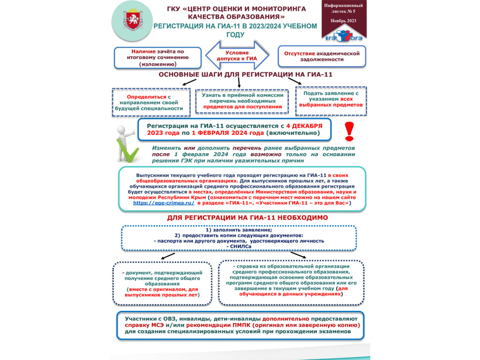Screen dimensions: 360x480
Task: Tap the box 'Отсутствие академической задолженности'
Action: coord(322,56)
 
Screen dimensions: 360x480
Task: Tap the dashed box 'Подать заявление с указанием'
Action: coord(331,100)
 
